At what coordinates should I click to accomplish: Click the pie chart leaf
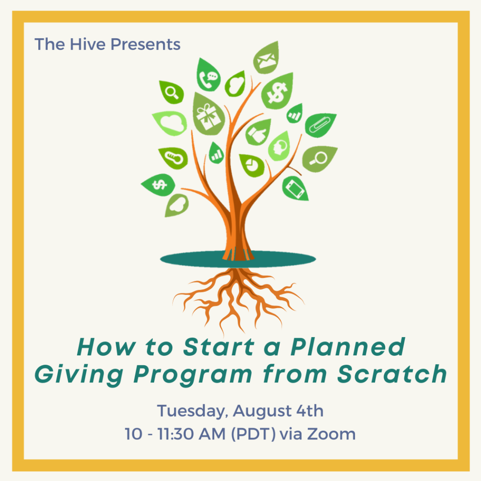click(x=252, y=165)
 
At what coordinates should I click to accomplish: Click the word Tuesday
click(x=192, y=411)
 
